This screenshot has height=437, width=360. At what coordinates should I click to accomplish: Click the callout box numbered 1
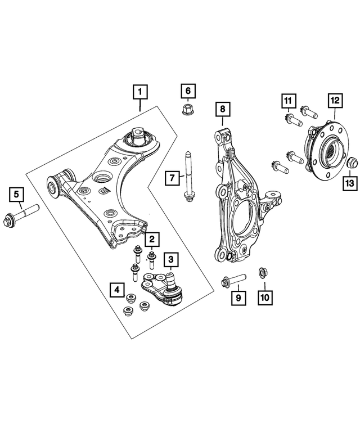tap(140, 91)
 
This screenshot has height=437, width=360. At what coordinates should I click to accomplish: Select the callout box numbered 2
tap(151, 240)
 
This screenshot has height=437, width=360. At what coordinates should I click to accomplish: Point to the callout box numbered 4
tap(116, 290)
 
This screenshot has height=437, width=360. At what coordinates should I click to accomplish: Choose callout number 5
tap(16, 195)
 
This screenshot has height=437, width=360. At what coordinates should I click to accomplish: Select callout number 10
tap(264, 296)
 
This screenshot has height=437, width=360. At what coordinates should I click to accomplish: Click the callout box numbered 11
tap(288, 102)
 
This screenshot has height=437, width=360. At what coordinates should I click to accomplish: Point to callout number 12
tap(334, 101)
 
